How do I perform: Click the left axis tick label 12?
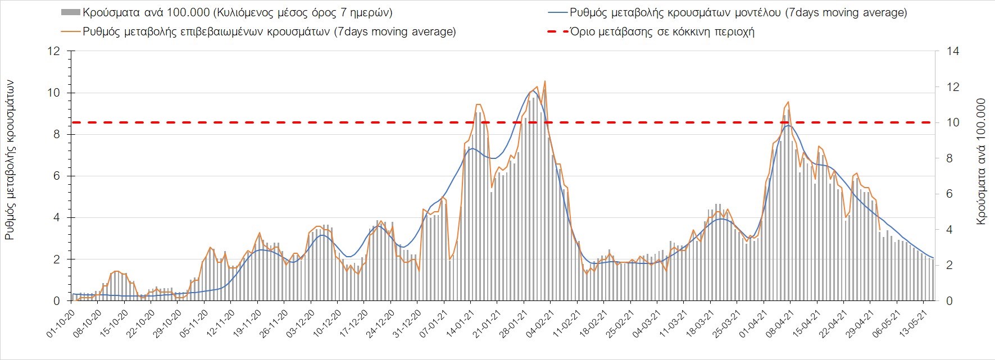point(54,52)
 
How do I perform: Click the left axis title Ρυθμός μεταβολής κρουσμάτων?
point(10,160)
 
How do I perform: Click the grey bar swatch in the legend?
point(70,12)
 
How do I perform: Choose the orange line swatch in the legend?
point(70,31)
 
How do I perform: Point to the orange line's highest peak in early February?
point(544,81)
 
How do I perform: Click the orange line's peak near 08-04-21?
point(788,102)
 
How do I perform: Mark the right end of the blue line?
point(933,258)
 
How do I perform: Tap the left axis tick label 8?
point(56,135)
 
